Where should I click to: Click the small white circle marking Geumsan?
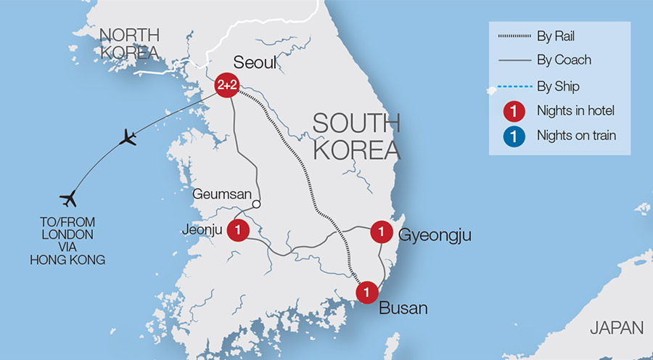pyautogui.click(x=256, y=204)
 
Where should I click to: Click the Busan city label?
pyautogui.click(x=403, y=308)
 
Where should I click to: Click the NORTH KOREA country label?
pyautogui.click(x=128, y=44)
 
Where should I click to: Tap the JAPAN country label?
pyautogui.click(x=616, y=327)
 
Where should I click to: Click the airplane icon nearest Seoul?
pyautogui.click(x=130, y=136)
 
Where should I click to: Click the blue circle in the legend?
pyautogui.click(x=514, y=135)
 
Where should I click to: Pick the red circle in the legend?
pyautogui.click(x=514, y=110)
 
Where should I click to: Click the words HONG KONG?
pyautogui.click(x=68, y=258)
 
